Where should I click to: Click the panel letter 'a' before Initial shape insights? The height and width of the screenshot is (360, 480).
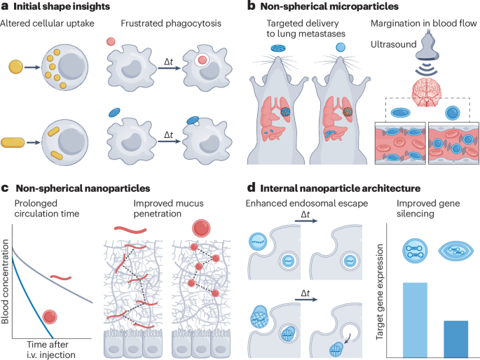pos(5,8)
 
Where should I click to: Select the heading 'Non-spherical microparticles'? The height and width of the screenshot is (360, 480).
pos(331,8)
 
